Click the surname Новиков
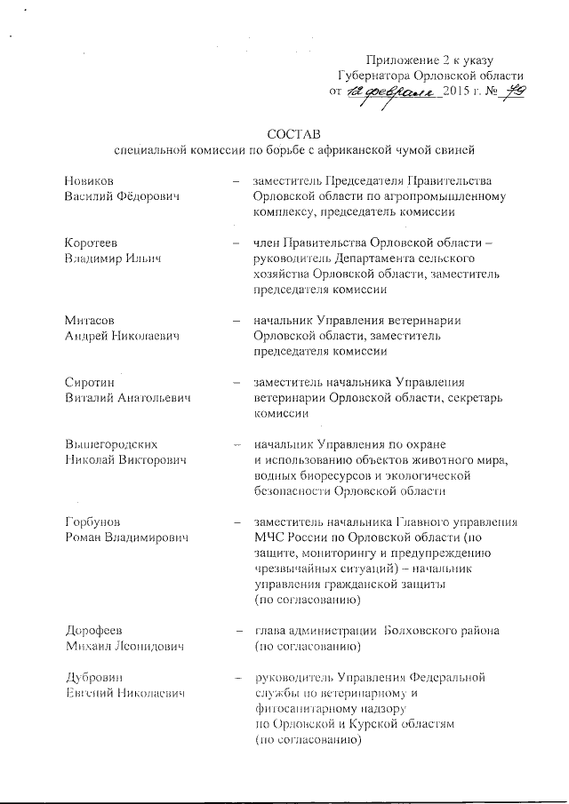[x=90, y=180]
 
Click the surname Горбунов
[x=93, y=522]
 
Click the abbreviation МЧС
[x=270, y=538]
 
